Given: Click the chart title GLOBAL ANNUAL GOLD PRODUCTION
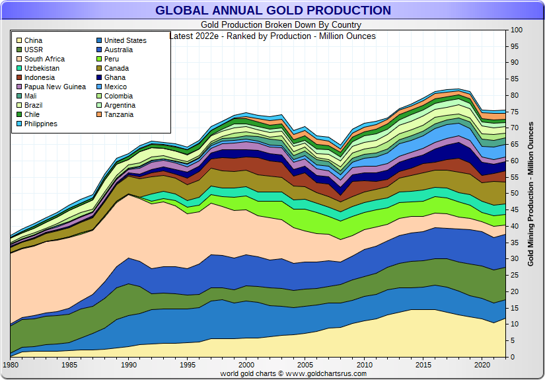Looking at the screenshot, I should pos(273,11).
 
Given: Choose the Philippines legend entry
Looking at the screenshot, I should pos(40,124).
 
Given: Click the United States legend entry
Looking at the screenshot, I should pos(125,40).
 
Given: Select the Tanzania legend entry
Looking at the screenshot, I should pos(118,114).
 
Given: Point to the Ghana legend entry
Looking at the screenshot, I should pos(114,77).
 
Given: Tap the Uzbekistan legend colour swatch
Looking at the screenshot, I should pos(19,68).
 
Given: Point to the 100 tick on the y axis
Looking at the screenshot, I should pos(517,30).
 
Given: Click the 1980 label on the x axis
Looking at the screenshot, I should pos(11,365).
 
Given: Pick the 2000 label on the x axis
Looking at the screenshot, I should pos(246,365).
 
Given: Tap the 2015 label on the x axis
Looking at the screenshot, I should pos(422,365).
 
